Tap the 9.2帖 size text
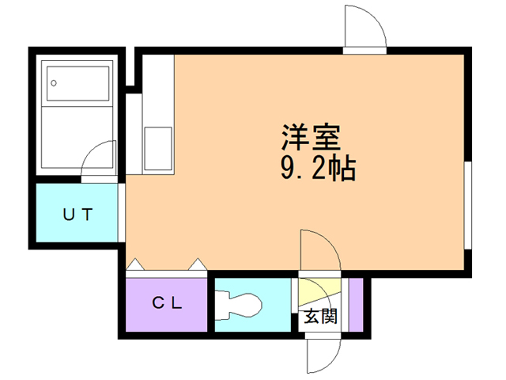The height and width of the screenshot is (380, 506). click(x=317, y=169)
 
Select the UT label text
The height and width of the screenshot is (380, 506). click(x=79, y=213)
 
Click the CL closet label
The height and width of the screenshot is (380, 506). click(x=168, y=302)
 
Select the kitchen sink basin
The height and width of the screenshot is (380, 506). click(x=157, y=149)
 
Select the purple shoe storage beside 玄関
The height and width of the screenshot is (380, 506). click(x=355, y=304)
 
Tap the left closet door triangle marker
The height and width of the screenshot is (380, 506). click(x=134, y=264)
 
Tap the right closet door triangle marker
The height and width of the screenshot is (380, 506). click(x=197, y=264)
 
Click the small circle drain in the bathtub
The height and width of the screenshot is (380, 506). click(x=54, y=82)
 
